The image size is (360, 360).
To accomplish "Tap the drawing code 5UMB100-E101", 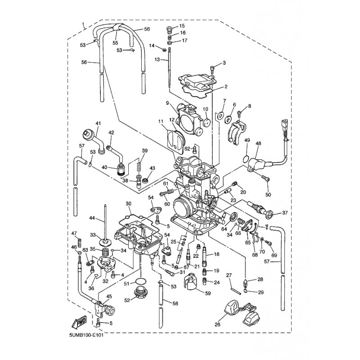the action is click(86, 335).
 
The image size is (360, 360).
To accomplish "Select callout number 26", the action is click(217, 324).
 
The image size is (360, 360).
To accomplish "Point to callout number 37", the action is click(285, 213).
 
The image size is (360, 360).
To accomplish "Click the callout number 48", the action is click(258, 143).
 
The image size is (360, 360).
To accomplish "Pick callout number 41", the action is click(98, 123).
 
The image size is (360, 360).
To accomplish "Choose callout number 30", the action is click(128, 203).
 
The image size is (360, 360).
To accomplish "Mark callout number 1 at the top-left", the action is click(83, 24).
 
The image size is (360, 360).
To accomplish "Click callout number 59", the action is click(208, 293).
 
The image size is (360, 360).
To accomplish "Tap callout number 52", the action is click(127, 300).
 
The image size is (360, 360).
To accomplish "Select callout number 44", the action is click(92, 218).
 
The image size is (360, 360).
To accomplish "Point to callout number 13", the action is click(157, 59).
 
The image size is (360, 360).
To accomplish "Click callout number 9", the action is click(167, 103).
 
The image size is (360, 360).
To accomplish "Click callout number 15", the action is click(182, 26).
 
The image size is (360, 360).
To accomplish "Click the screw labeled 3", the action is click(212, 68).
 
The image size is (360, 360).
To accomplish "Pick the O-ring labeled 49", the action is click(245, 158).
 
